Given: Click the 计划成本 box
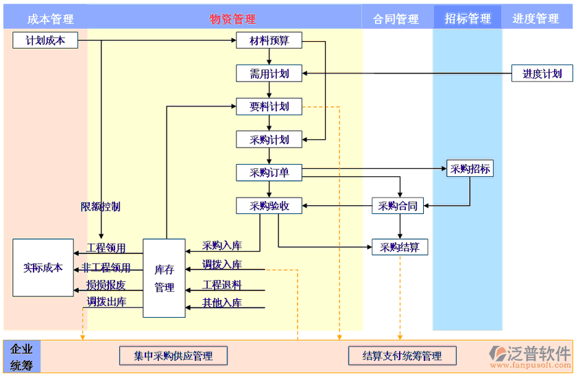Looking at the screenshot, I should point(45,40).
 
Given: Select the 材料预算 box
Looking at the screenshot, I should point(269,40).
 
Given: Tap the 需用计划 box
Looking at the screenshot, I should point(269,73).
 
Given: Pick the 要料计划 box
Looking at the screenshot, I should point(269,106).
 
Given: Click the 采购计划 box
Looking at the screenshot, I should point(269,139).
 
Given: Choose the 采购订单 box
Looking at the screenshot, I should point(269,172).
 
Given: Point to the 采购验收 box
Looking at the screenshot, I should point(269,205).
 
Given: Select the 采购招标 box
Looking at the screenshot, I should point(470,168).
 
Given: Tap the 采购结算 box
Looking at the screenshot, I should point(400,247).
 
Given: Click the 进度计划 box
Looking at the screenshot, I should point(542,73).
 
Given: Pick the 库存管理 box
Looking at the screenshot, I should point(164,278).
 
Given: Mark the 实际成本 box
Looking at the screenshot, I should point(43,268).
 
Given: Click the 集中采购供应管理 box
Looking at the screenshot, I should point(173,355).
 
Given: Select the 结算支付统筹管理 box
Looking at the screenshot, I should point(402,355).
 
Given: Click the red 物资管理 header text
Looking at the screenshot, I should point(232,19).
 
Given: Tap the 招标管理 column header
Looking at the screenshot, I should point(468,19).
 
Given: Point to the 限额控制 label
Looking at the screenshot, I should point(100,206).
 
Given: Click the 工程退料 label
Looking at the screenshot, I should point(222,285).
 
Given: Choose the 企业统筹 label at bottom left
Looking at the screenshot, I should point(21,357).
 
